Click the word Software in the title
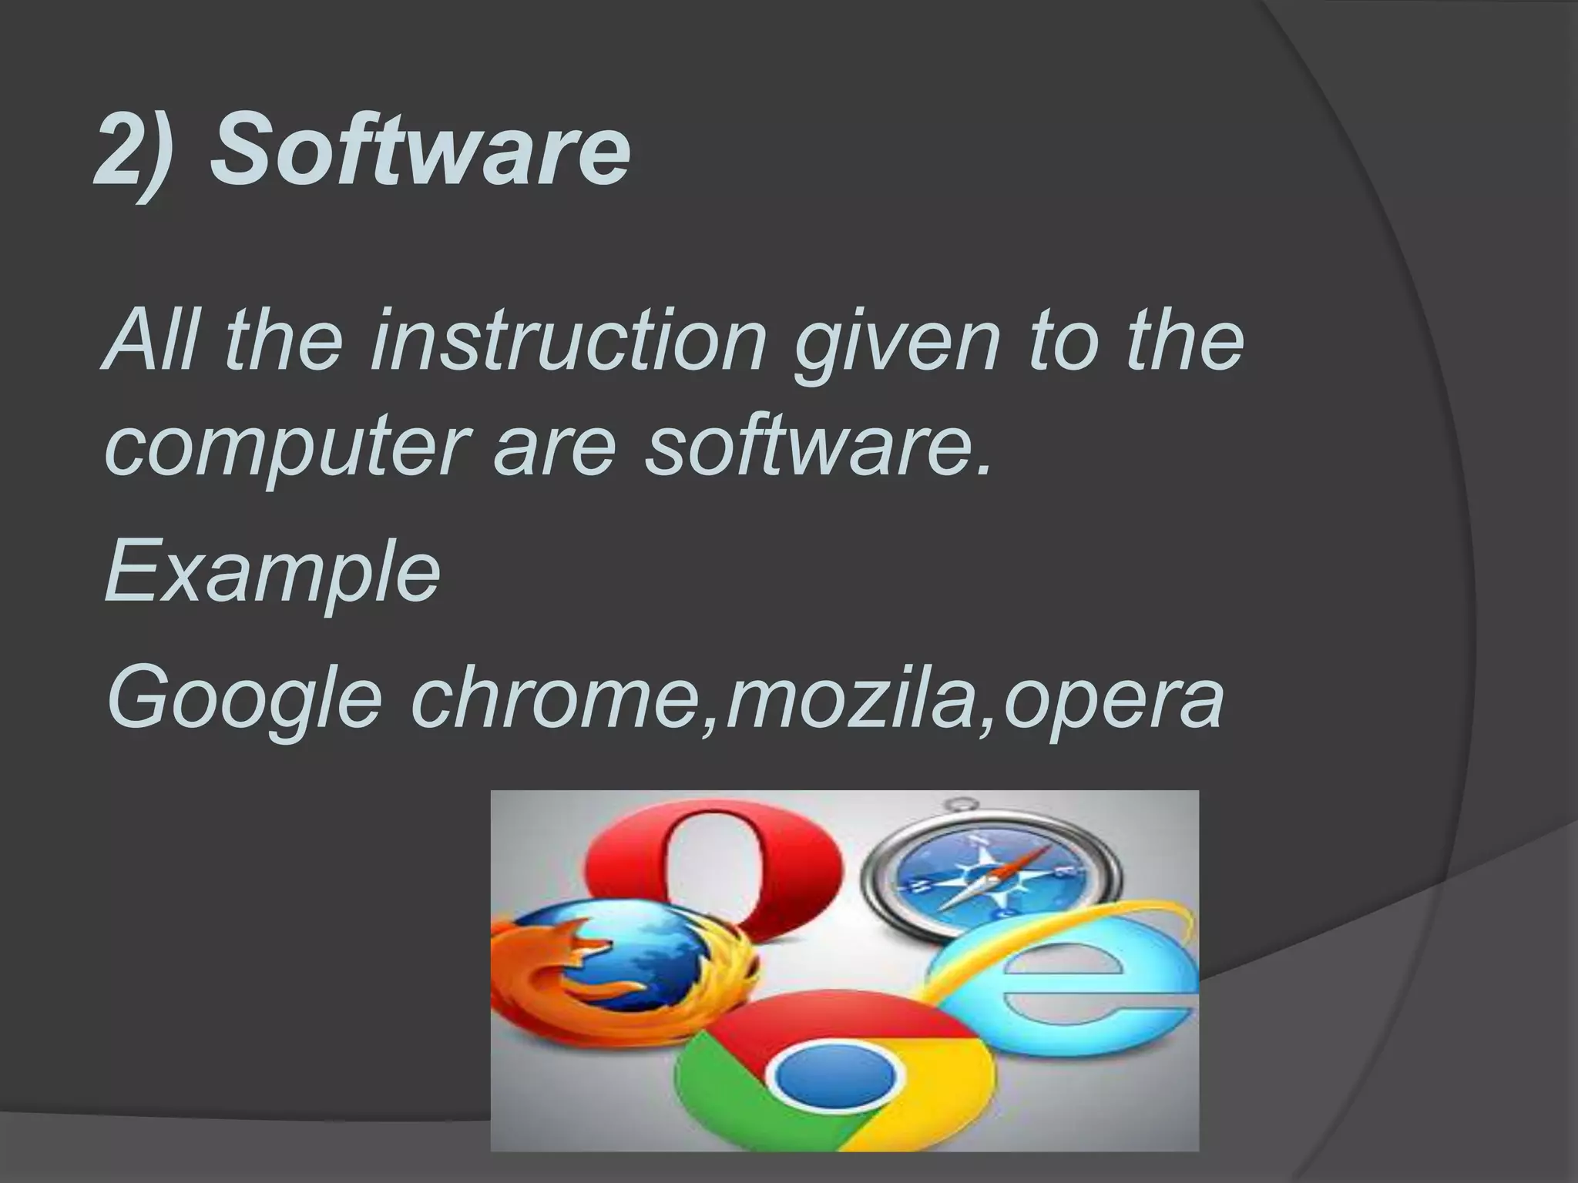point(420,151)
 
